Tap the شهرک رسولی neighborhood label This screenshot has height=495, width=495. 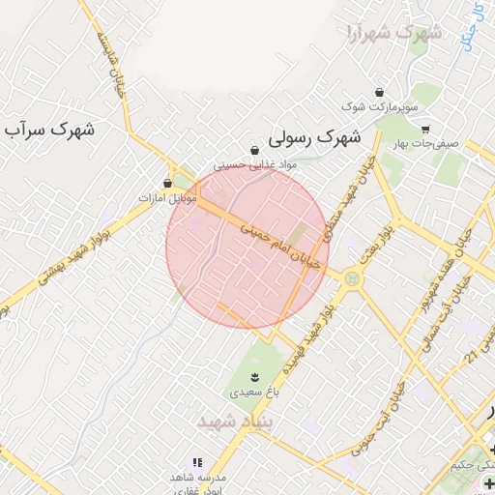pos(313,138)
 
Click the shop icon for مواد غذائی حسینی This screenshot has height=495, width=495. pos(254,151)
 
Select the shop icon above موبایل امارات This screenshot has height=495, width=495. pos(168,183)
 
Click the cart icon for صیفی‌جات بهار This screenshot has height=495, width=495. pos(424,129)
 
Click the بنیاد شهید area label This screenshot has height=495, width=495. pos(236,422)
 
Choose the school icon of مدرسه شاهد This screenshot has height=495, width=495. pos(198,463)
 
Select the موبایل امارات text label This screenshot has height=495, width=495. pos(168,198)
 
